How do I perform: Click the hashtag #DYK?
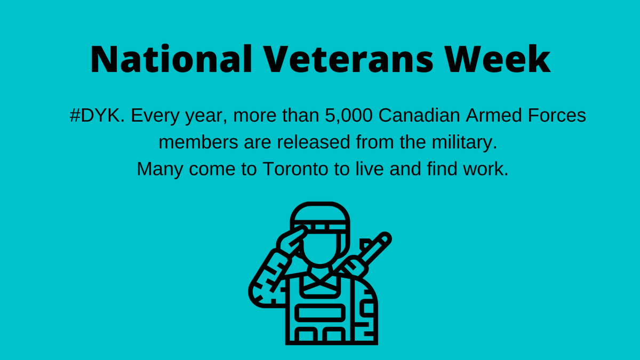[98, 116]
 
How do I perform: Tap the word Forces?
[560, 116]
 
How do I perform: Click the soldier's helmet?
[320, 216]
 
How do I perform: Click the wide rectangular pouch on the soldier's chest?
[320, 313]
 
